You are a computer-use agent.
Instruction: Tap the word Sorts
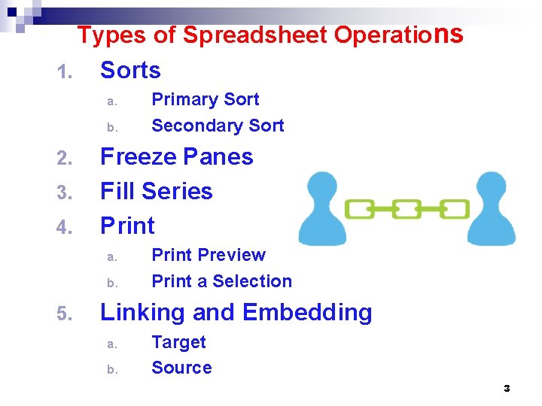(x=130, y=71)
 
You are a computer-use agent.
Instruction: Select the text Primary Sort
(x=205, y=100)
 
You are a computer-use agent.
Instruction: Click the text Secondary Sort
(x=218, y=126)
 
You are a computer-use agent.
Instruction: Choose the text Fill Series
(x=157, y=192)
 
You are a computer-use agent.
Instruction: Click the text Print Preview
(x=209, y=255)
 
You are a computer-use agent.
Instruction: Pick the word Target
(x=178, y=342)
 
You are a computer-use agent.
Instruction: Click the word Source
(x=181, y=368)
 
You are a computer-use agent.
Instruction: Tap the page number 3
(x=507, y=389)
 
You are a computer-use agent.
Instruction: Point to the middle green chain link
(x=407, y=208)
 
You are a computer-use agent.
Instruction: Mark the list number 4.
(x=63, y=227)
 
